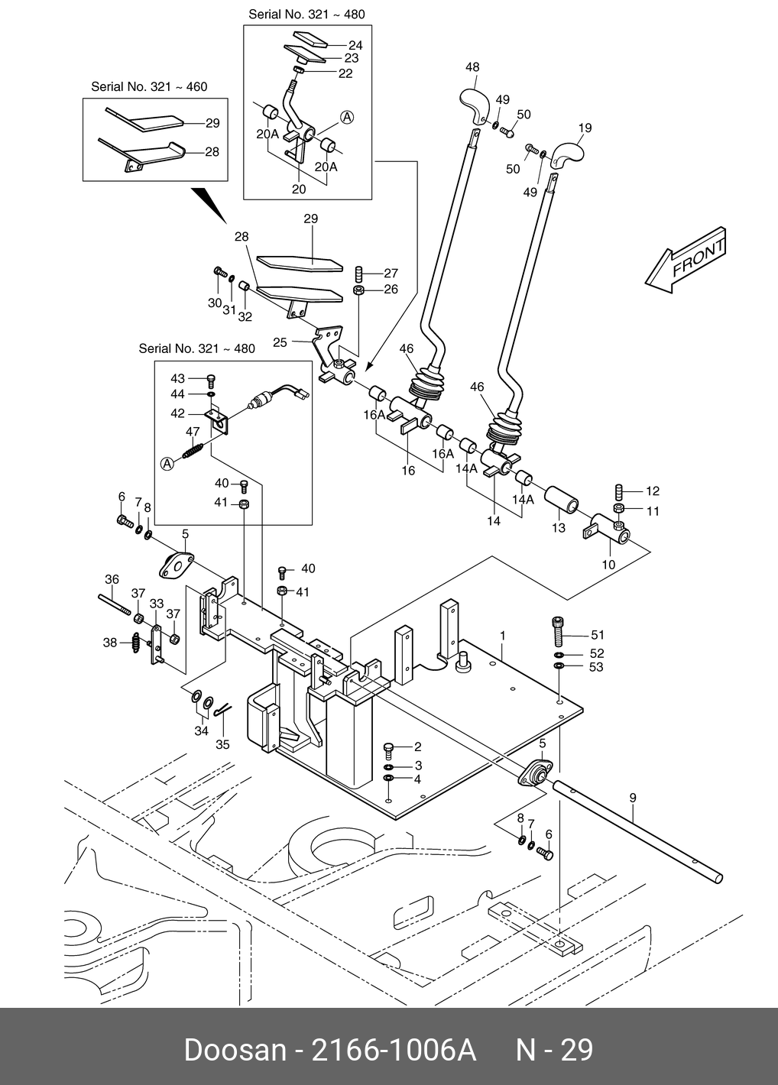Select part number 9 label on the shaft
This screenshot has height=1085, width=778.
[633, 798]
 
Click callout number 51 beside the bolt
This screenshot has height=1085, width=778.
[597, 635]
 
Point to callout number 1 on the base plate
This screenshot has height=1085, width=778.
[503, 635]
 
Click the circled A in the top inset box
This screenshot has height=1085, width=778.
[346, 117]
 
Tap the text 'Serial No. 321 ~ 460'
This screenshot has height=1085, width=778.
[149, 87]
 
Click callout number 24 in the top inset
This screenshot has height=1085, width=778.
[355, 45]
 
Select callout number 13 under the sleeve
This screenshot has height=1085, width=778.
[559, 528]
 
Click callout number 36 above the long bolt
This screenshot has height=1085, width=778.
[112, 580]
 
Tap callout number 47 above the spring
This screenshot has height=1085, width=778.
[193, 432]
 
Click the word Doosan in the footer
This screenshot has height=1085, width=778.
[232, 1050]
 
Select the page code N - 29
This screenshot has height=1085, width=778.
[554, 1050]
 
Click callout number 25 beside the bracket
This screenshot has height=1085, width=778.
[280, 342]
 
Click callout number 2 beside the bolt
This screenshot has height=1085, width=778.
[418, 747]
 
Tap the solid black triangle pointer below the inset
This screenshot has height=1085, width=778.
[207, 203]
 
